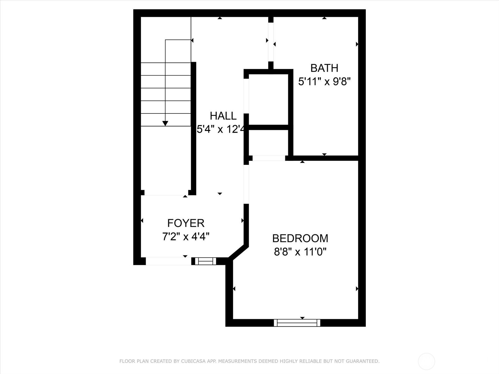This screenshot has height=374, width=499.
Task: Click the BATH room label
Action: (324, 68)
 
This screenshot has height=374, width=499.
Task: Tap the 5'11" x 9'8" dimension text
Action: (324, 82)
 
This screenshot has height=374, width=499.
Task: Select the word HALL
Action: (223, 116)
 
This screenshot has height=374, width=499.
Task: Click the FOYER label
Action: (186, 223)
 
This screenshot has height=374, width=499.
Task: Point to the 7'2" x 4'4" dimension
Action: (186, 237)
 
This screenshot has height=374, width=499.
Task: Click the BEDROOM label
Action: (300, 238)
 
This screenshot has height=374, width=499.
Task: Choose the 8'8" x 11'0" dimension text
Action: (300, 252)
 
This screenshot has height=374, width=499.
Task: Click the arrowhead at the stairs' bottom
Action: (165, 123)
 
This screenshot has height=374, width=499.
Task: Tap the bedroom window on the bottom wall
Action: (297, 323)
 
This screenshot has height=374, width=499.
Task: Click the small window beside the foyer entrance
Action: (205, 261)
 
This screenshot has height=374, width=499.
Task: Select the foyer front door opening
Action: (168, 261)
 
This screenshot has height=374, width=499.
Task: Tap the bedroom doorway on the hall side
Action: (246, 184)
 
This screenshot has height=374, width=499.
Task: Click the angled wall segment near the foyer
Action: (239, 252)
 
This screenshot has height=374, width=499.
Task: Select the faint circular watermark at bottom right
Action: (426, 362)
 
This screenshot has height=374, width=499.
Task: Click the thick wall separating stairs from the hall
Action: (193, 128)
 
